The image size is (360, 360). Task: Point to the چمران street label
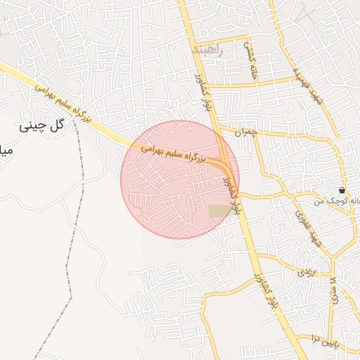click(x=247, y=131)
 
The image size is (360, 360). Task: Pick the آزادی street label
click(x=304, y=270)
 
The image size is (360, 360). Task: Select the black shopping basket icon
click(x=342, y=190)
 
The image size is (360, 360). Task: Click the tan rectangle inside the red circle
click(x=219, y=210)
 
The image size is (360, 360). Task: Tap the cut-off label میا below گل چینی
click(x=4, y=151)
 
